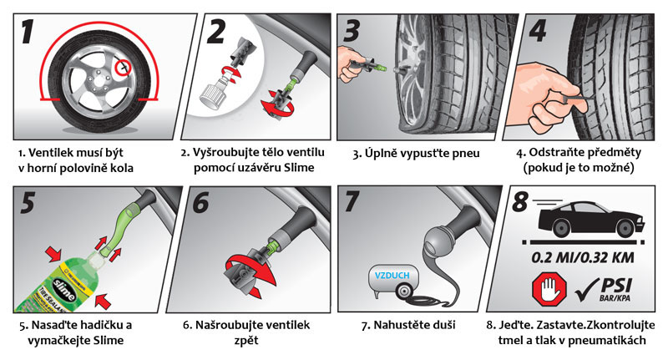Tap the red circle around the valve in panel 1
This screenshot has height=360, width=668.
pyautogui.click(x=126, y=63)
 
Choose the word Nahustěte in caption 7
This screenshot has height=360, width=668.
pyautogui.click(x=398, y=324)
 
